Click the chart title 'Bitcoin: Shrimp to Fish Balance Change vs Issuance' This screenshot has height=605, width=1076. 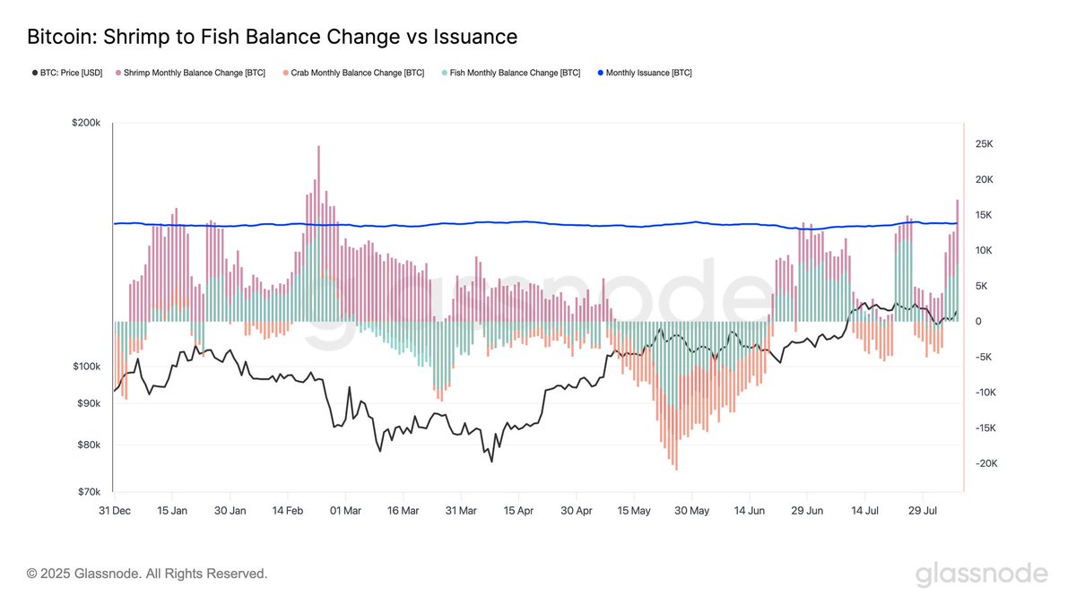point(272,37)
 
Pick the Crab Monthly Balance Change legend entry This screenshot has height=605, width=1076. point(353,73)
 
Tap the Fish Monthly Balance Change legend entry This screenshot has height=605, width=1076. point(511,73)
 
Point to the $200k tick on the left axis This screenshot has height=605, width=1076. point(86,123)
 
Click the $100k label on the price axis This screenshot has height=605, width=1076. point(86,367)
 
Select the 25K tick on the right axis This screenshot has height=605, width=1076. point(984,144)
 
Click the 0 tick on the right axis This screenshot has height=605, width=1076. point(978,321)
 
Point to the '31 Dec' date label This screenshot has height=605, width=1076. point(114,511)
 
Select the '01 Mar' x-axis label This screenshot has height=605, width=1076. point(345,511)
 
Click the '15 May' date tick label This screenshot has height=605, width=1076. point(634,511)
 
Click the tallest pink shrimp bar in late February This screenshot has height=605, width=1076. point(318,179)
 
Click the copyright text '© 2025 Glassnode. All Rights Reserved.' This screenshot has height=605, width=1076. point(147,574)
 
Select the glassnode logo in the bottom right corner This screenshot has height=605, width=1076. point(981,574)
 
